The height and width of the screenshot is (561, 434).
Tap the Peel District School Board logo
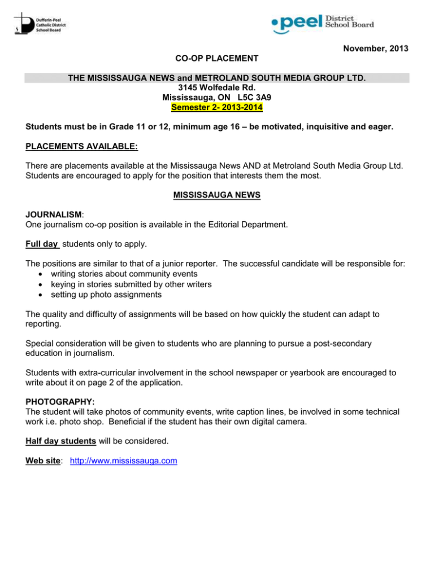pyautogui.click(x=323, y=23)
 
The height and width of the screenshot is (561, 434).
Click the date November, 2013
pyautogui.click(x=375, y=50)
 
